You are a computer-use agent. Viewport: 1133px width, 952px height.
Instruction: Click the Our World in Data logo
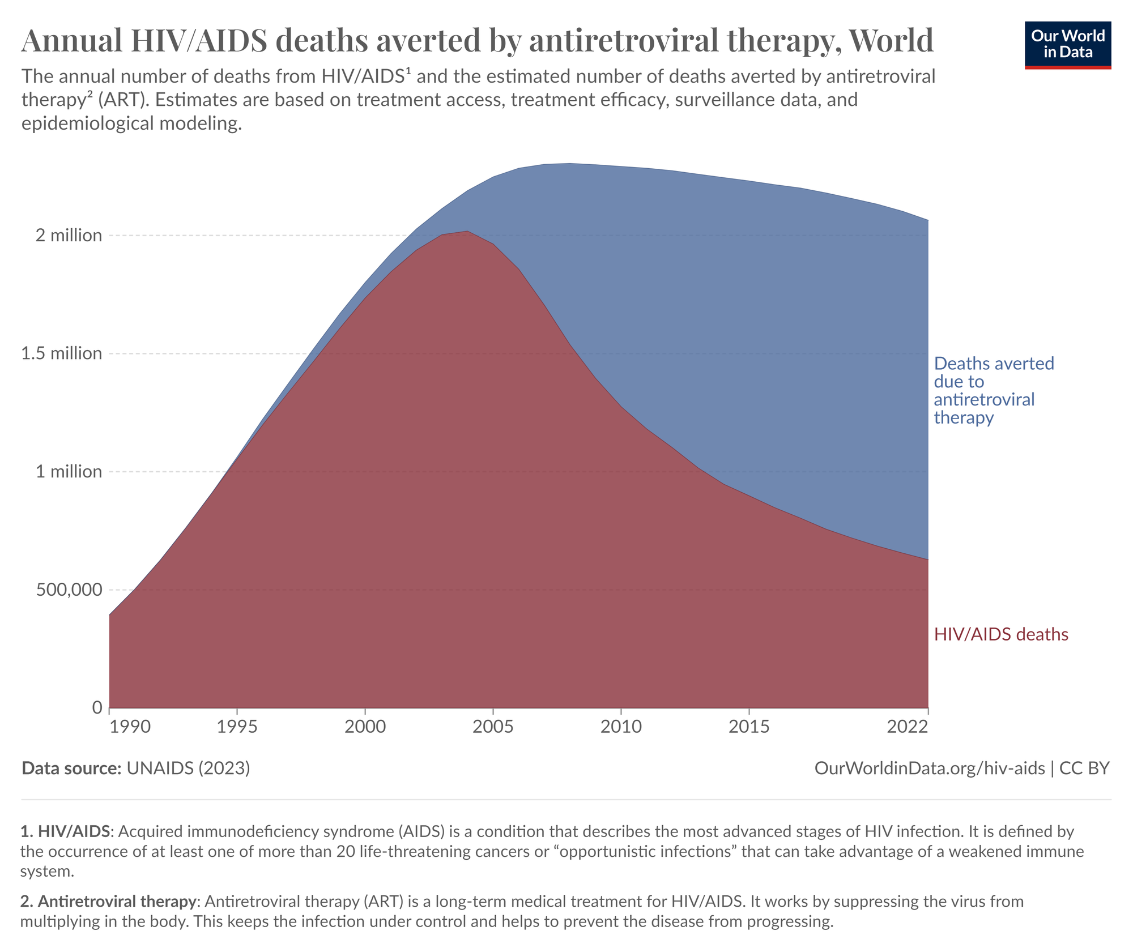(x=1067, y=45)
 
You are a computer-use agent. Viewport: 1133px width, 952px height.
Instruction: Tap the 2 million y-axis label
(x=69, y=235)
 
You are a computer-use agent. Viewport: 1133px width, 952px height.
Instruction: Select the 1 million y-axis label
(x=69, y=472)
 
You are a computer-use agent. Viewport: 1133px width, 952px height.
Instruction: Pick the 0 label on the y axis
(x=97, y=707)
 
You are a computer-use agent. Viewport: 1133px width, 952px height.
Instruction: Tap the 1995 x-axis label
(x=237, y=727)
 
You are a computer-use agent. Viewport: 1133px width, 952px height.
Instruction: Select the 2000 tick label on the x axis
(x=365, y=727)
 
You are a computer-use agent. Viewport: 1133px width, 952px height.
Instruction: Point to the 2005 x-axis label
(x=493, y=727)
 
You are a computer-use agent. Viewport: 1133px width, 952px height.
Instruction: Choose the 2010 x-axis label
(x=621, y=727)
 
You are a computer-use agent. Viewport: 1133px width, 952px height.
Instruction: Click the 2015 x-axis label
(x=749, y=727)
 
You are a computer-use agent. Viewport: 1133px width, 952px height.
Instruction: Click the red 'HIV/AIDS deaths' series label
(x=1001, y=634)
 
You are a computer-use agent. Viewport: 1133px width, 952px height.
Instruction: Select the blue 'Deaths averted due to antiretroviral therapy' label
(x=993, y=390)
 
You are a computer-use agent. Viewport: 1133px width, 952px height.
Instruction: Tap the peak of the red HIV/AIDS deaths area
(x=467, y=232)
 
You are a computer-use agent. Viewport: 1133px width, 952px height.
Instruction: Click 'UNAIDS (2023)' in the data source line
(x=188, y=769)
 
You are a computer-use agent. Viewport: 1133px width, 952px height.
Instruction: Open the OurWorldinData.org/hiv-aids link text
(x=930, y=769)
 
